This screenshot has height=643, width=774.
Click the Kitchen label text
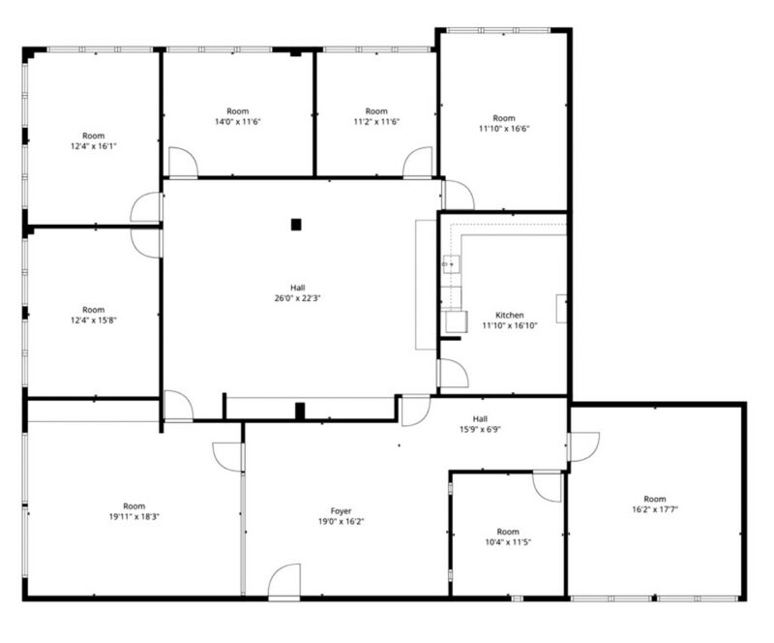point(510,315)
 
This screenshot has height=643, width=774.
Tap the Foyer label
point(341,511)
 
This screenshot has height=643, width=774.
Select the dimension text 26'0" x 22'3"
point(298,298)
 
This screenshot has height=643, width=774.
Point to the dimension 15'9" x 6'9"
point(480,430)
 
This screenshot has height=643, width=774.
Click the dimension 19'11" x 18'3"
point(134,517)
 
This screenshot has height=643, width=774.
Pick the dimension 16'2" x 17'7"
point(655,509)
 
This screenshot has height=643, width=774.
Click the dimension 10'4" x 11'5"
point(508,542)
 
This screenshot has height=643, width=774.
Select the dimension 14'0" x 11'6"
point(237,122)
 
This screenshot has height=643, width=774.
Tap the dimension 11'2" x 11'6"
point(376,122)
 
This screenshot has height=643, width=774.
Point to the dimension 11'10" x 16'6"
point(504,129)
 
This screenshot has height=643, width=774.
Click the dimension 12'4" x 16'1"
point(93,146)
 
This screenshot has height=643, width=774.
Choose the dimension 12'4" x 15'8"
point(93,321)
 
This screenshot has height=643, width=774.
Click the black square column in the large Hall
point(296,225)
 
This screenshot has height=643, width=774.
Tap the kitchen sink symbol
point(451,264)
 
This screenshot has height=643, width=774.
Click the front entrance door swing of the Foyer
point(284,582)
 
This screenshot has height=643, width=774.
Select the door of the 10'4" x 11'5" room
point(548,487)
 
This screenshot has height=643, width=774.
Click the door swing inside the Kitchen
point(453,373)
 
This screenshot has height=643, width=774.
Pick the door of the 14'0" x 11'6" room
point(183,162)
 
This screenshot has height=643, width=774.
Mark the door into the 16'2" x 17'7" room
point(583,446)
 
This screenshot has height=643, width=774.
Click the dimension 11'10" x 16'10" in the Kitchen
point(510,325)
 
